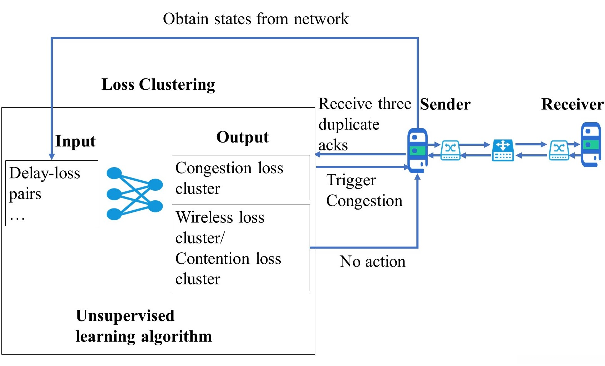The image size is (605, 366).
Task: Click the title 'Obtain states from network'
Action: tap(255, 19)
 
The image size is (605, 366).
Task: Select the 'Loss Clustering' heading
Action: tap(158, 85)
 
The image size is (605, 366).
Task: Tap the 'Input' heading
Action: tap(75, 141)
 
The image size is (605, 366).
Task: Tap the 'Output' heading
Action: tap(242, 137)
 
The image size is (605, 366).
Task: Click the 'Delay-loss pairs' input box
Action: tap(52, 193)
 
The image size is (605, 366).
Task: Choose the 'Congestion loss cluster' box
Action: tap(241, 178)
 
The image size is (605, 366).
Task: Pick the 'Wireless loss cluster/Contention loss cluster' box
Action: tap(241, 248)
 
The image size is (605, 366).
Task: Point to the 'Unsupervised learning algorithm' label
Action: tap(143, 326)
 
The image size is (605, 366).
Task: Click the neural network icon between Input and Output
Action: tap(134, 194)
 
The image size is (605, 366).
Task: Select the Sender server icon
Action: tap(417, 150)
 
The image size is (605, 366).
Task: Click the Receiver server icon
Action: tap(591, 144)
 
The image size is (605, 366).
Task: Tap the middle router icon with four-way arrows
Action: tap(503, 150)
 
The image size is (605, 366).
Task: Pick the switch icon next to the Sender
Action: tap(451, 150)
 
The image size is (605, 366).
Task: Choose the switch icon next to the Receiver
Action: tap(559, 150)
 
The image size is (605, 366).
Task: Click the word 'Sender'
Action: tap(445, 105)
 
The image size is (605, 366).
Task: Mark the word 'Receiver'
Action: tap(572, 105)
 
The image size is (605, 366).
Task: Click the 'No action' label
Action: tap(372, 262)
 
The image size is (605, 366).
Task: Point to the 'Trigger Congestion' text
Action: tap(364, 191)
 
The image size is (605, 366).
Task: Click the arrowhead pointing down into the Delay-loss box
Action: tap(52, 157)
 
